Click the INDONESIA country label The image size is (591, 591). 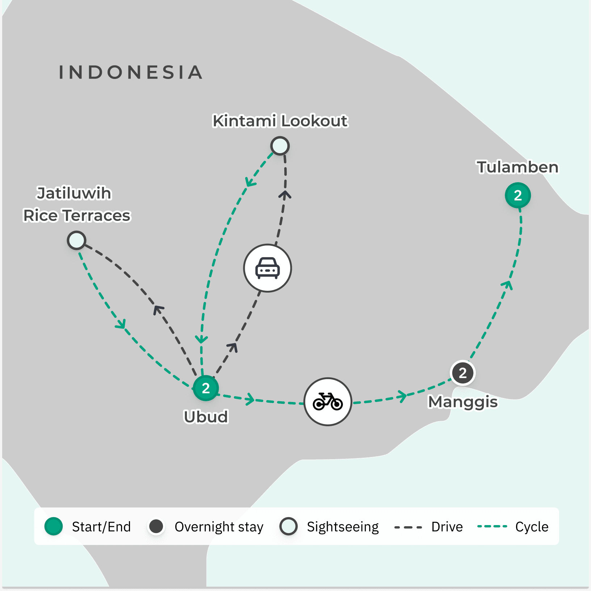point(130,72)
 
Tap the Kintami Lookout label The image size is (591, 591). point(280,121)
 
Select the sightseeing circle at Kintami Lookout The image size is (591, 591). point(280,146)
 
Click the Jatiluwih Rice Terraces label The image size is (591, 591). point(76,204)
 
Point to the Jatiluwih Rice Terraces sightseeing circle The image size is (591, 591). point(76,240)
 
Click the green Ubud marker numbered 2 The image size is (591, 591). point(206,388)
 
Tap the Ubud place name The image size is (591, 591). point(206,417)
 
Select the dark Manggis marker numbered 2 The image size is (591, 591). point(462,373)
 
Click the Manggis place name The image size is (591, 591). point(462,402)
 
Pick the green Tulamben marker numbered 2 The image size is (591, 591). point(518,196)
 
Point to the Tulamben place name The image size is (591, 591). point(517,167)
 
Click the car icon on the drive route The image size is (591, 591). point(267,268)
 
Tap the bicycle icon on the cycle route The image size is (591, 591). point(328,402)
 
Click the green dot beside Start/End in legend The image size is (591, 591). point(54,527)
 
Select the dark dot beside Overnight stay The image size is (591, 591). point(156,527)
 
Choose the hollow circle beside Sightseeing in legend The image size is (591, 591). point(289,527)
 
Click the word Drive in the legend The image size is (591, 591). point(447,527)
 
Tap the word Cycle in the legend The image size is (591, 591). point(532,527)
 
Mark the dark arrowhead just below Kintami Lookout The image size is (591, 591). point(285,195)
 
